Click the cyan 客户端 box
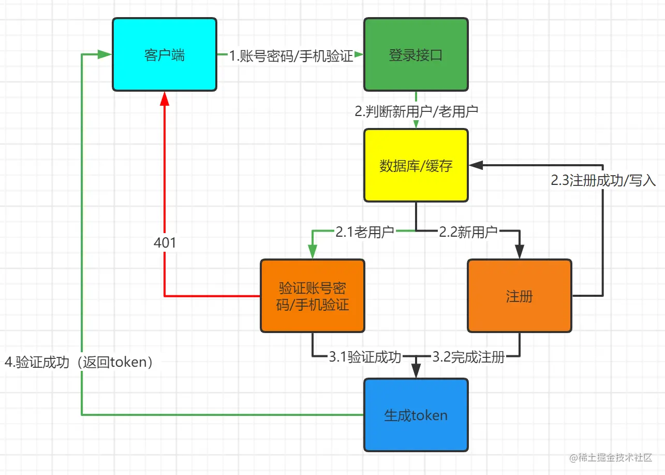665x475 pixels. pos(165,55)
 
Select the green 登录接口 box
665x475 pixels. pos(416,55)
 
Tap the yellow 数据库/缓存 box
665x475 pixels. pos(416,165)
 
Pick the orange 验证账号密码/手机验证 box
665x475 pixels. pos(312,296)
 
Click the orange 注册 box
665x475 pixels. pos(519,296)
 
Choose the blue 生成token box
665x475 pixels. pos(416,415)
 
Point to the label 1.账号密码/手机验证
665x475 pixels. pos(291,56)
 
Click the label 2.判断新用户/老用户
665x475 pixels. pos(416,111)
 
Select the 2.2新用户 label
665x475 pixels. pos(468,232)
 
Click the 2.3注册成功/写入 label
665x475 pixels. pos(603,180)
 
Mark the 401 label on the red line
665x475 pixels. pos(165,242)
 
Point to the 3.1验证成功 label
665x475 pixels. pos(365,357)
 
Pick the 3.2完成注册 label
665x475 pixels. pos(468,357)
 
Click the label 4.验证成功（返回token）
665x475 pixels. pos(80,362)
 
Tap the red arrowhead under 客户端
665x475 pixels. pos(165,98)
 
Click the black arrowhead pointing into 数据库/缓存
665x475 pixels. pos(475,165)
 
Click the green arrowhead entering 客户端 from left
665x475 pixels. pos(106,55)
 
